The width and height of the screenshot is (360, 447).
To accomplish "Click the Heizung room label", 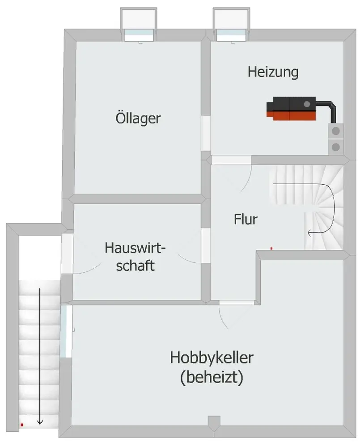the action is tap(273, 72).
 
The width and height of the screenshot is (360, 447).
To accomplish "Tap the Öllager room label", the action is tap(138, 118).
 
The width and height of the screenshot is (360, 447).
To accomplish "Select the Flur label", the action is tap(246, 219).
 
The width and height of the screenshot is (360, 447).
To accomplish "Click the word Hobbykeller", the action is tap(212, 358).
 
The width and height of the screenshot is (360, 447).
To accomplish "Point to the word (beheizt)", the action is tap(212, 377).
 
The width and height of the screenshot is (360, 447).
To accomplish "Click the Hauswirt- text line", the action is tap(135, 248).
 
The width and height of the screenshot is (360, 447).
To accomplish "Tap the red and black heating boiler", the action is tap(291, 109).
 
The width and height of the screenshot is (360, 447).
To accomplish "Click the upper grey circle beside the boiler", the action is tap(336, 131).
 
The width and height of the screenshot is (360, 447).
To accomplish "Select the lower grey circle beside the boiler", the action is tap(336, 147).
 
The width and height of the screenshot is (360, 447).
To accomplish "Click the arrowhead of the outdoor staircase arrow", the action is tap(40, 422).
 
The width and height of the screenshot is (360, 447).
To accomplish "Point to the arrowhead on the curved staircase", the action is tap(309, 233).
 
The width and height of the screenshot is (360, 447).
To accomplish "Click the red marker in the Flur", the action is tap(271, 249).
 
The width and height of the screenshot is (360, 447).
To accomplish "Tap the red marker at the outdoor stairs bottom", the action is tap(22, 425).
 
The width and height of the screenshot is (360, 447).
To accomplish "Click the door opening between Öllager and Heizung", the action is tap(206, 133).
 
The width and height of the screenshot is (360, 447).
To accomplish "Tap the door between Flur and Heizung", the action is tap(231, 160).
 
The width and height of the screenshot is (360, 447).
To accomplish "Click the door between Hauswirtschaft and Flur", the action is tap(206, 245).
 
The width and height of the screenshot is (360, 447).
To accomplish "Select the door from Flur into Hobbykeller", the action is tap(237, 303).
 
